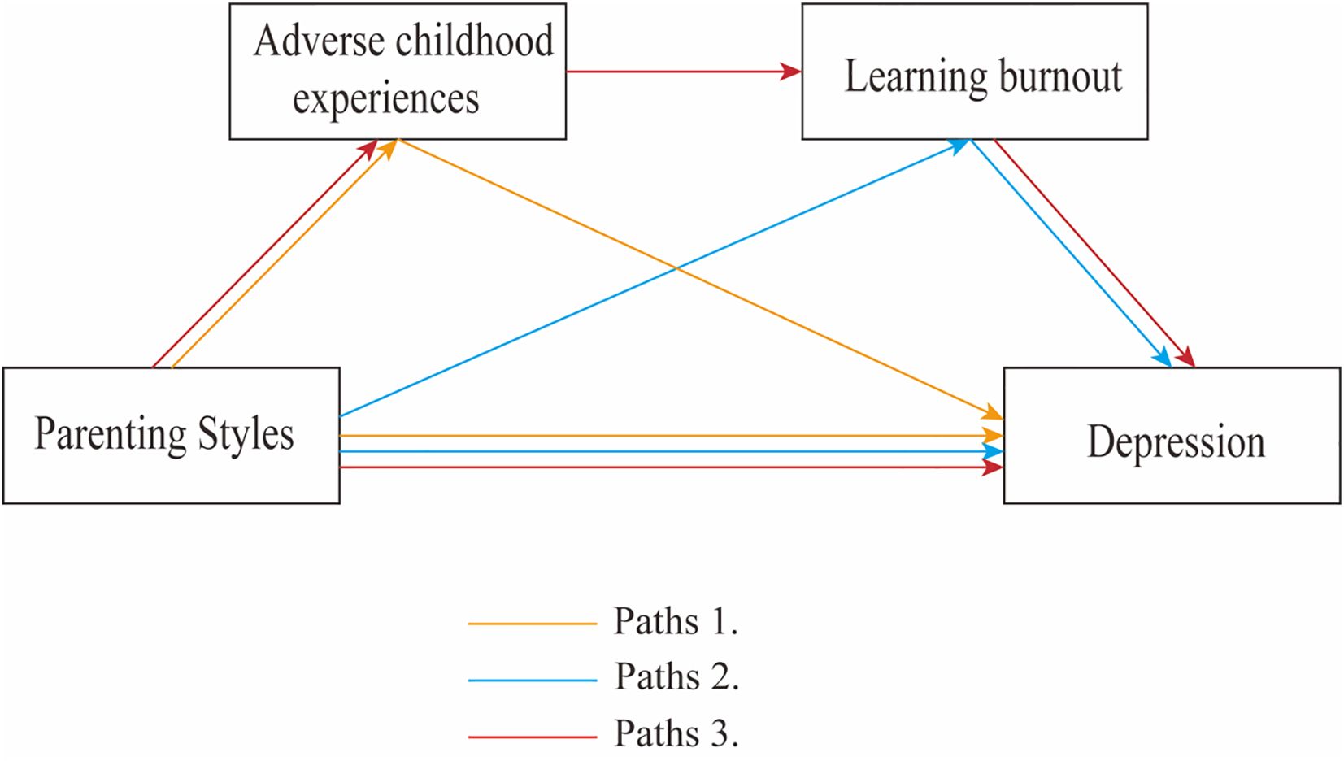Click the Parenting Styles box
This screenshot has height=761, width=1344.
point(171,436)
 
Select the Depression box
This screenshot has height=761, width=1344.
point(1172,436)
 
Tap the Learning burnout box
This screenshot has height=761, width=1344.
point(974,72)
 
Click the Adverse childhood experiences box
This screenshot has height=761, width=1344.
point(397,72)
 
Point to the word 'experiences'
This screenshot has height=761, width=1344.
point(385,99)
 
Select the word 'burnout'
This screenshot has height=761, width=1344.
point(1059,77)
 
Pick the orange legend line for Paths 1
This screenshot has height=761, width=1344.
point(533,624)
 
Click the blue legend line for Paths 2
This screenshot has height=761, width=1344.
point(533,680)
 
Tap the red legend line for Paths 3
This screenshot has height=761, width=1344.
point(533,737)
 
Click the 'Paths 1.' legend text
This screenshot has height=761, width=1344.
point(676,622)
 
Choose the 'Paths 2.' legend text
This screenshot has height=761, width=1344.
point(676,677)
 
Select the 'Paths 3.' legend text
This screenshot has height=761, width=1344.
point(676,734)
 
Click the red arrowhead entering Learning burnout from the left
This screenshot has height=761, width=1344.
point(791,72)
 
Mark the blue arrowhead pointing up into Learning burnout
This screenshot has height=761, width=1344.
point(959,146)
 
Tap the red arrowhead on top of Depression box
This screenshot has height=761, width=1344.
point(1186,357)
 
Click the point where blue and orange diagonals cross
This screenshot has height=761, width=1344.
point(676,268)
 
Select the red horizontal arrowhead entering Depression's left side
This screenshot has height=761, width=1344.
point(993,467)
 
